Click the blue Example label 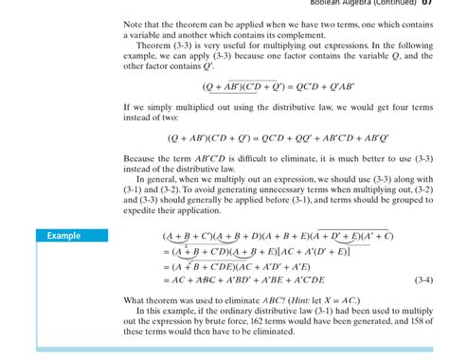click(x=66, y=236)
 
